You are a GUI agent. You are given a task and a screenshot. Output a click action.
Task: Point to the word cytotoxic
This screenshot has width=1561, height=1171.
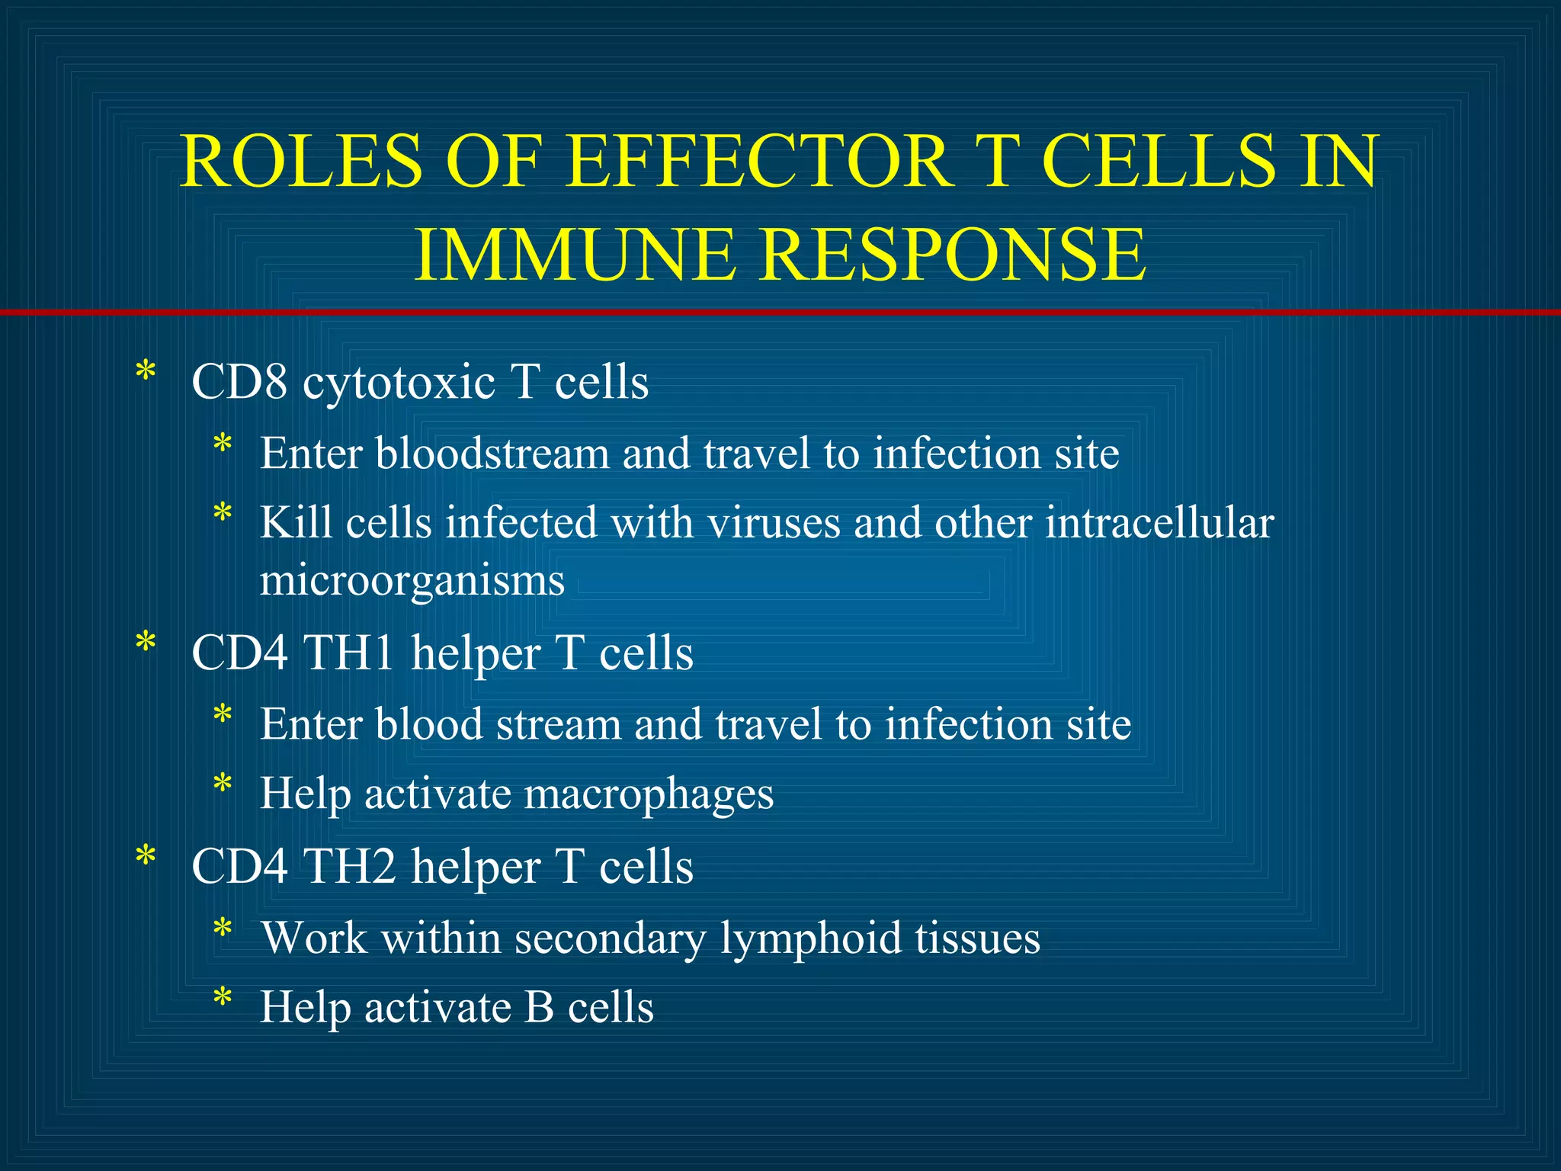pos(399,383)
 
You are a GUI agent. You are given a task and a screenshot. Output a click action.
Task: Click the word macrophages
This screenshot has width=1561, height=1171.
pos(649,795)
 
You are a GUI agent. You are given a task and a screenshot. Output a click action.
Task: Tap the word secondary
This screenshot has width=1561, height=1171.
pos(610,938)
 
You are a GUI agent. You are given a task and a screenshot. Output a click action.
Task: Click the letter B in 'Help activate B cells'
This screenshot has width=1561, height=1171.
pos(539,1007)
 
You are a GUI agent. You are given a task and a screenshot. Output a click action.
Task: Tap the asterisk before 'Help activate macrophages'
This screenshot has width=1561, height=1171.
pos(223,784)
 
